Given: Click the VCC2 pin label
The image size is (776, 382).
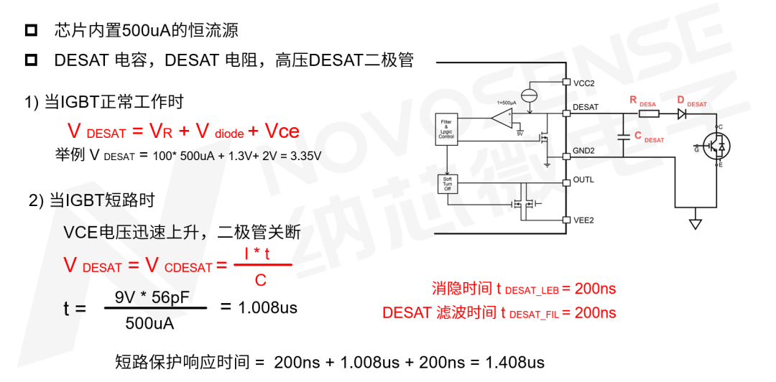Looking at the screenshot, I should (583, 83).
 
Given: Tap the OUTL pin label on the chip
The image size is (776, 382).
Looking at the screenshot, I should (583, 180).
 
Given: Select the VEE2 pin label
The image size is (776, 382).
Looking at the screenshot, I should (583, 220).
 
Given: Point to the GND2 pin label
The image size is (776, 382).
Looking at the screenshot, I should (583, 151).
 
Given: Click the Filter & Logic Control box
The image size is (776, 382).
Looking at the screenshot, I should (446, 131).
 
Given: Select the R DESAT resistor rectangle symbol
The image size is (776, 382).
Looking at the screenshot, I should (649, 113).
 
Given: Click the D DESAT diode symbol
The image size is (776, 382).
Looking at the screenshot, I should (682, 113).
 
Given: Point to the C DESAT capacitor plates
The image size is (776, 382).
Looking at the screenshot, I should (620, 136).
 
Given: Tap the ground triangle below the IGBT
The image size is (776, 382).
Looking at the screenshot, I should (695, 224).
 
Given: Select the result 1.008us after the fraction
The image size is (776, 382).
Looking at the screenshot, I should (268, 307).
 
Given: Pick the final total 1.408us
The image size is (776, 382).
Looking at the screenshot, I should (514, 362).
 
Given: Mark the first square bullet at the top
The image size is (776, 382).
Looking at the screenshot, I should (31, 31).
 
